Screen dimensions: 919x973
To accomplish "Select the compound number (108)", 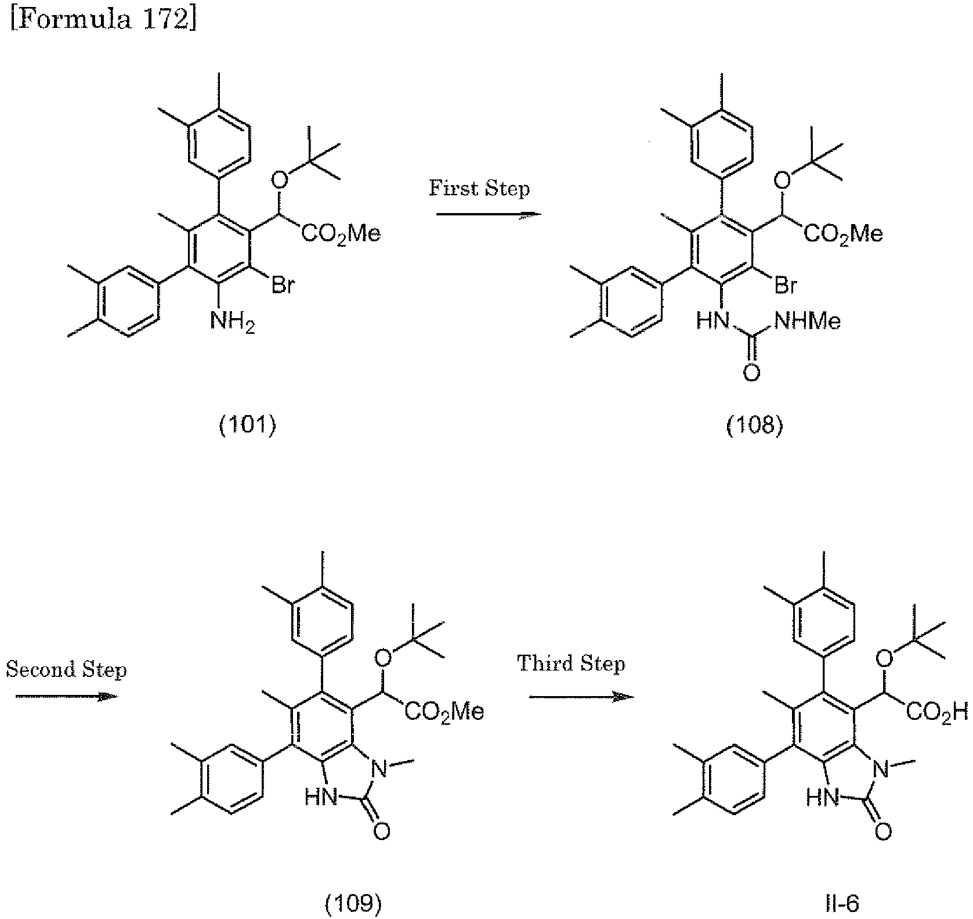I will (x=754, y=426).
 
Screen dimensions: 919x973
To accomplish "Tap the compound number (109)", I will (x=352, y=903).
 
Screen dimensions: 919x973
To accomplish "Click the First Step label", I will (x=479, y=189).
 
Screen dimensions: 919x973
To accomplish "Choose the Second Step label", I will (x=66, y=670).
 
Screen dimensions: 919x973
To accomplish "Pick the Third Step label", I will (x=571, y=664).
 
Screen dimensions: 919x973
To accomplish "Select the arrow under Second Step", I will (x=66, y=696).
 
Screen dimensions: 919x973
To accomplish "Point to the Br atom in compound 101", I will (x=283, y=286).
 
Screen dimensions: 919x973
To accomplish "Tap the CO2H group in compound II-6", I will (x=938, y=711).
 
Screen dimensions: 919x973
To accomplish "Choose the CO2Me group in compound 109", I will (x=444, y=711).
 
